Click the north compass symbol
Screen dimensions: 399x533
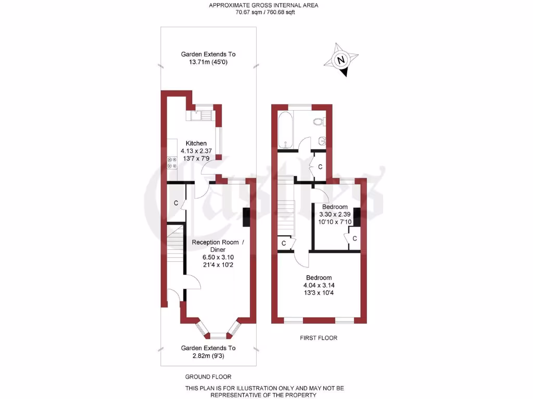(x=341, y=61)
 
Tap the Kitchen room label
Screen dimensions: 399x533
(x=196, y=143)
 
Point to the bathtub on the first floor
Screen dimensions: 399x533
(x=285, y=129)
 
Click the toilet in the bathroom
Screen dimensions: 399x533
(x=319, y=122)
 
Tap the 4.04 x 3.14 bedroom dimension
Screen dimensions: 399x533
(x=319, y=285)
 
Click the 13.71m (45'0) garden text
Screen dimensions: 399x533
(x=208, y=62)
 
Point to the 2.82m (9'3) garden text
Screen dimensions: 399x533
(x=208, y=356)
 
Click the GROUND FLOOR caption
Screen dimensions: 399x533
(x=208, y=377)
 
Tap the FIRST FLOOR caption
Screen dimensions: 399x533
(x=319, y=338)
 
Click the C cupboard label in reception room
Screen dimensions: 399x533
(x=176, y=203)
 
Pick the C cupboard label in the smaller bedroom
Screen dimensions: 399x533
(x=354, y=238)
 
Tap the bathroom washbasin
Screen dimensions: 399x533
(x=322, y=140)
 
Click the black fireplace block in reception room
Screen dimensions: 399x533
(x=246, y=217)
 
